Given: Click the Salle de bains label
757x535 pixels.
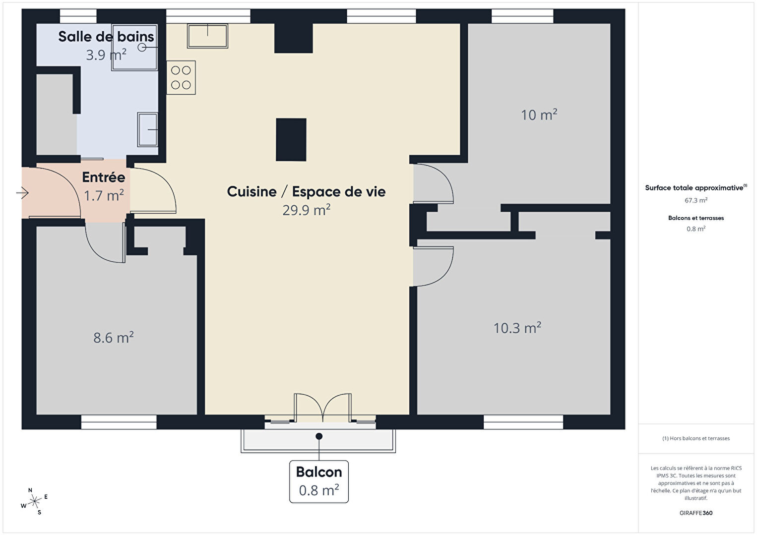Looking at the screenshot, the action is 106,37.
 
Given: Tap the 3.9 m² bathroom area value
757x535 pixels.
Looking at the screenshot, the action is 106,55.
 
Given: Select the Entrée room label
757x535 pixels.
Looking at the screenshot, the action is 103,177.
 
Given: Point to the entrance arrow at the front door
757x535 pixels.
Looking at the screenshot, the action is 22,193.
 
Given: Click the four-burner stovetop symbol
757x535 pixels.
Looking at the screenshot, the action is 181,77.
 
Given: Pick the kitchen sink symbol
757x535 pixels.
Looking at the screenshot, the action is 207,36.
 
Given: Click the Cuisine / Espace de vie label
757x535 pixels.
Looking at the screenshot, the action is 306,191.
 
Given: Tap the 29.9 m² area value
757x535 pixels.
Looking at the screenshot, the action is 306,210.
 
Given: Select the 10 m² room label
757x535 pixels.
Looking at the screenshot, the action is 539,115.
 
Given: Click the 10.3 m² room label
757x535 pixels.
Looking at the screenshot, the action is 517,328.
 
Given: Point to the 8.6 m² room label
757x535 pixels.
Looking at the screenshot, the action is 114,338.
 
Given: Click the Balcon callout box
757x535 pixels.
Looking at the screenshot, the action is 318,481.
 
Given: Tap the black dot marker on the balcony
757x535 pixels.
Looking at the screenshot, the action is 318,436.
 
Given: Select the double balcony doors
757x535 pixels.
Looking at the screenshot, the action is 322,408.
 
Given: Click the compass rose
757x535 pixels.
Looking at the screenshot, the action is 34,502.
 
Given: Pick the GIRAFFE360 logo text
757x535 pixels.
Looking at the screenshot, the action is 696,513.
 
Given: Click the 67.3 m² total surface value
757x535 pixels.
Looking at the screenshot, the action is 696,200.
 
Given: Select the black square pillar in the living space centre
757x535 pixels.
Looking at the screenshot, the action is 291,139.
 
